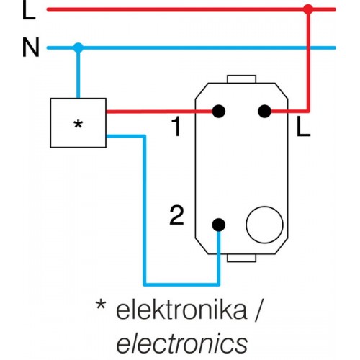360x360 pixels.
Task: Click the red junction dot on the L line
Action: click(x=308, y=9)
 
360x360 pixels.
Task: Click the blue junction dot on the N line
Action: click(x=78, y=48)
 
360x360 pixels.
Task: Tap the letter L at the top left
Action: click(x=29, y=9)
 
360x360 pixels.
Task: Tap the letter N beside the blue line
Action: click(x=31, y=48)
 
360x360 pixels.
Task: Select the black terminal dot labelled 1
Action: click(x=219, y=112)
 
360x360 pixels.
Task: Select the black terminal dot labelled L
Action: click(x=264, y=112)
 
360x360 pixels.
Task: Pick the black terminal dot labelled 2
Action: click(x=219, y=225)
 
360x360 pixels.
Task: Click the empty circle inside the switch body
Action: click(x=264, y=225)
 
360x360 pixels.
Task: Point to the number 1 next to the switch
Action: click(x=176, y=127)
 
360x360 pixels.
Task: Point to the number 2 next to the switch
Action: click(x=176, y=215)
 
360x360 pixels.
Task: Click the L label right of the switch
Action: click(x=304, y=127)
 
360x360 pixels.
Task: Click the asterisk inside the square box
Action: click(x=78, y=125)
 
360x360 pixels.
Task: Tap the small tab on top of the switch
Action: click(x=241, y=79)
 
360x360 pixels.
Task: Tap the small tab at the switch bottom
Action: click(x=241, y=258)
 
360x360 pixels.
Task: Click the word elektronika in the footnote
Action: click(x=181, y=310)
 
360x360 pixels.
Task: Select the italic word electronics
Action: click(x=182, y=342)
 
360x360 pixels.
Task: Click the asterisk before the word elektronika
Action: click(x=101, y=305)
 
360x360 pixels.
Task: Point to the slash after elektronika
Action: click(x=258, y=310)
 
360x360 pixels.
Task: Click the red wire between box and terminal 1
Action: click(x=159, y=112)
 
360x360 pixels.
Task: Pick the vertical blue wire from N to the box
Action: click(x=78, y=73)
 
